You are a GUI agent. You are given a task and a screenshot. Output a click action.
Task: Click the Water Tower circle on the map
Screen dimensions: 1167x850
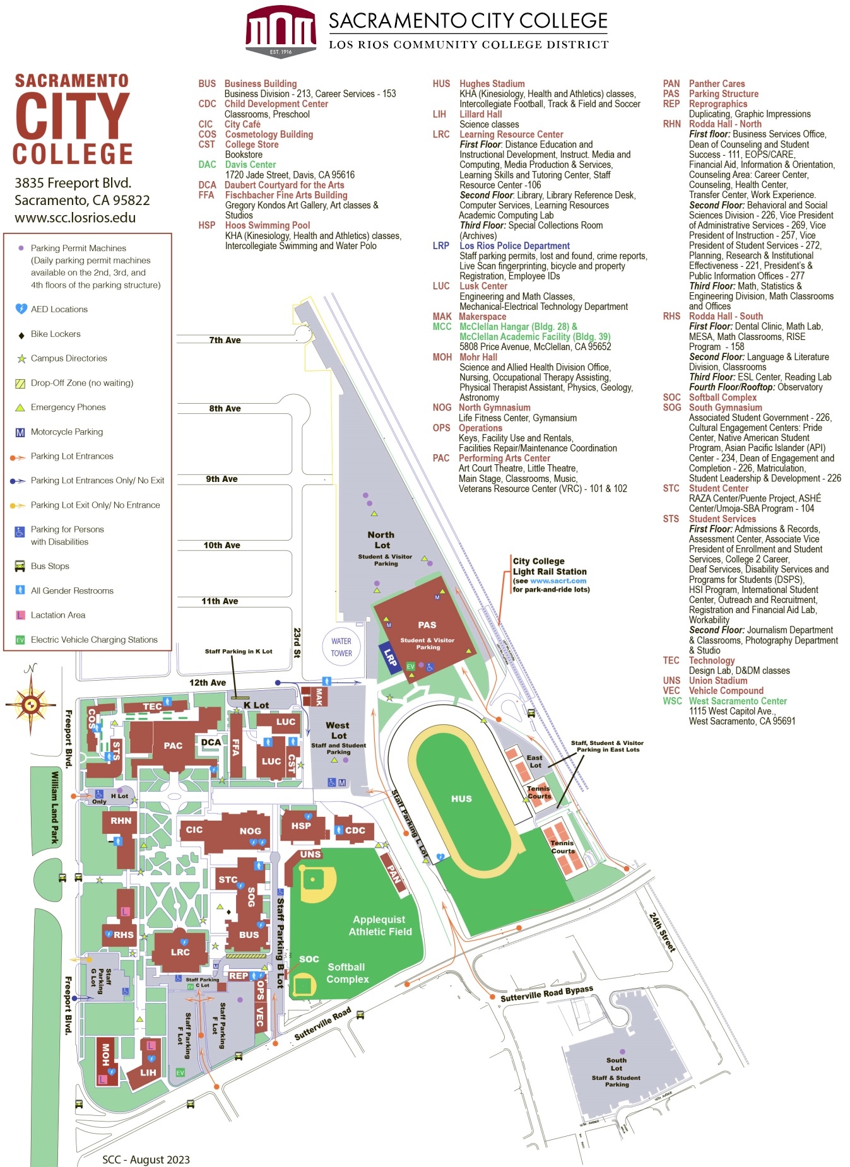(341, 647)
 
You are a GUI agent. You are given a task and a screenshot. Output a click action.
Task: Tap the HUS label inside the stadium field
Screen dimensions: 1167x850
(461, 799)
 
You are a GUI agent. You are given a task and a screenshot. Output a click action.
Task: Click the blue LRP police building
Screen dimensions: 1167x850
(390, 659)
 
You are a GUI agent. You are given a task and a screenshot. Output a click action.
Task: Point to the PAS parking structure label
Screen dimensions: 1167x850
(427, 625)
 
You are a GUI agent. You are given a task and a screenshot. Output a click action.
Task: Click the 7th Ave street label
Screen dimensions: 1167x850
(225, 340)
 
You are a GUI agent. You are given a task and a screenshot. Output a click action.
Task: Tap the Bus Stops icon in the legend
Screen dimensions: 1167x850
(20, 566)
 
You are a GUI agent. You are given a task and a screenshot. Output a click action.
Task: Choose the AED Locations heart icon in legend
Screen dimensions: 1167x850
(21, 309)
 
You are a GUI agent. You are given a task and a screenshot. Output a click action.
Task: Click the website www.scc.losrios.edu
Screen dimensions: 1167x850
(75, 218)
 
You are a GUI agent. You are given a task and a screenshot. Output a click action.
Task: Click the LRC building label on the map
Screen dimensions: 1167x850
(180, 952)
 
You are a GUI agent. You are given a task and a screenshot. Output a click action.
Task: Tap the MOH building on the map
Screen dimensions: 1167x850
(105, 1055)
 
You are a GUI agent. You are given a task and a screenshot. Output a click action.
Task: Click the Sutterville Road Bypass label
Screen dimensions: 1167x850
(546, 994)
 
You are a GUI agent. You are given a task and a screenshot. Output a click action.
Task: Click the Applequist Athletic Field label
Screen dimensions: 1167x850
(380, 925)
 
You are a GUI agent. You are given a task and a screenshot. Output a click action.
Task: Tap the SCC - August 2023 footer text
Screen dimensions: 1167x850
(146, 1159)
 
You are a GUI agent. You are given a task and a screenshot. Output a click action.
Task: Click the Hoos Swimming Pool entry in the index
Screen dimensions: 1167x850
(268, 225)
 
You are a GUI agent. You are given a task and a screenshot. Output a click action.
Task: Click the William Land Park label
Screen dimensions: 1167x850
(55, 807)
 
